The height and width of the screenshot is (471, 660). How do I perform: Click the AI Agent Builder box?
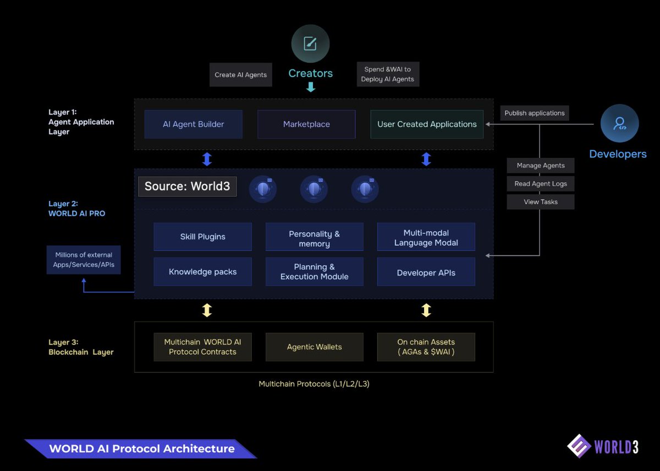[x=194, y=124]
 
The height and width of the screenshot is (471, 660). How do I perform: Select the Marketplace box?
[x=306, y=124]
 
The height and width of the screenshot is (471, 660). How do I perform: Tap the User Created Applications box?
[x=427, y=124]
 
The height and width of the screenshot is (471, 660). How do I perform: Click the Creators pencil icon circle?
[x=310, y=43]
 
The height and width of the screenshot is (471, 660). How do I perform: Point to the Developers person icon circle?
[x=619, y=123]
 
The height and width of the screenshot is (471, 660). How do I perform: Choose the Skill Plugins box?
[x=202, y=237]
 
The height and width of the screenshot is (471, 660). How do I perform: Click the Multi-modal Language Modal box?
[x=426, y=237]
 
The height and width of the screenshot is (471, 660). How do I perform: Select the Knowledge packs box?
[x=202, y=272]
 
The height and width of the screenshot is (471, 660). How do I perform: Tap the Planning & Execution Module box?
[x=314, y=272]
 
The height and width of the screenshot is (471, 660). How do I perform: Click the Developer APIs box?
[x=426, y=272]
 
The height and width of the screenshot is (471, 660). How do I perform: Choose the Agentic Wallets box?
[x=314, y=347]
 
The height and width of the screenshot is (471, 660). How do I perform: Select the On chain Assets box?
[x=426, y=347]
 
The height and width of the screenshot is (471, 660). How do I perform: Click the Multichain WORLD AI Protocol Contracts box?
[x=202, y=347]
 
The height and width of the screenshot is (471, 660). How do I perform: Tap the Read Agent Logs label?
[x=541, y=184]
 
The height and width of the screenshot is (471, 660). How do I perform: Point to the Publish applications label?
[x=534, y=113]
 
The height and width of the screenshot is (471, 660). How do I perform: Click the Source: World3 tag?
[x=187, y=186]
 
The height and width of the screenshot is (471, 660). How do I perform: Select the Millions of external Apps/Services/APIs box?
[x=84, y=260]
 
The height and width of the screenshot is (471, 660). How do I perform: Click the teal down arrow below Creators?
[x=311, y=87]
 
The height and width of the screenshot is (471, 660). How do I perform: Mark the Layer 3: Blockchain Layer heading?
[x=81, y=347]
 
